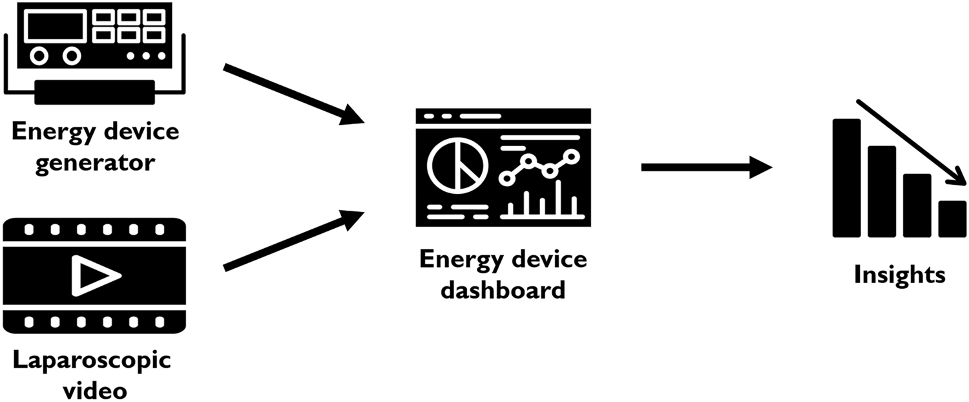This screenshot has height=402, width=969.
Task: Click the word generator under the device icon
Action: pos(95,162)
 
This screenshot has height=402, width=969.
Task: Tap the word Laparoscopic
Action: pos(92,361)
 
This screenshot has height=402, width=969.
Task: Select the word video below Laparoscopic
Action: pos(92,389)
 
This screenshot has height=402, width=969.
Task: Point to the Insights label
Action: pos(899,275)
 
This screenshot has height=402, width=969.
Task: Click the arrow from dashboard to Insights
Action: pos(705,167)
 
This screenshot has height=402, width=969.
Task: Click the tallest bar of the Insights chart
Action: pos(846,178)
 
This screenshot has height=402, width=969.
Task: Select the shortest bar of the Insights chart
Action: pos(952,219)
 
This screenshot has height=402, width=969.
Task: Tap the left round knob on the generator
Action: pos(39,56)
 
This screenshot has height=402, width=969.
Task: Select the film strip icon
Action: pos(94,275)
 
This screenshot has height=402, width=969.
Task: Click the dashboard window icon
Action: pos(503,167)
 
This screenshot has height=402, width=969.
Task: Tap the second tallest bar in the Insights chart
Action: pos(881,191)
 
